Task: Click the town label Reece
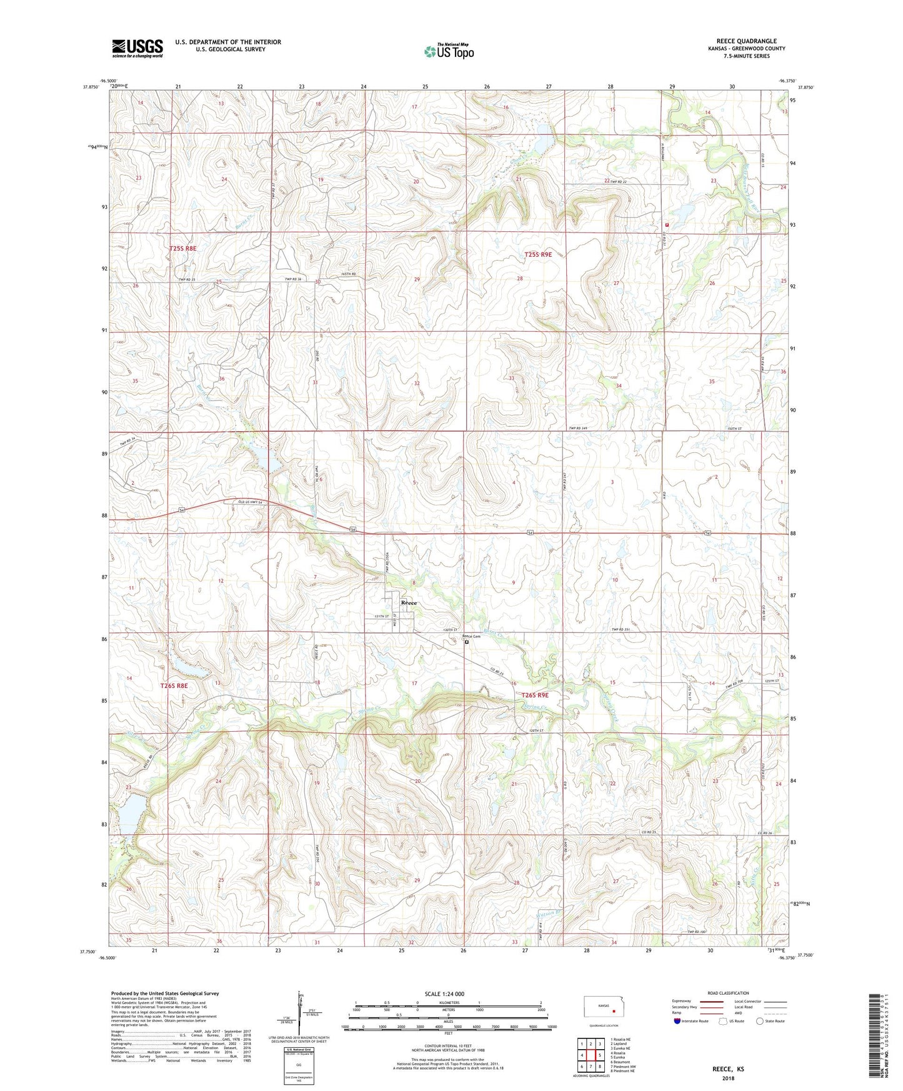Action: pyautogui.click(x=409, y=602)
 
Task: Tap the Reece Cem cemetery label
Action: pyautogui.click(x=471, y=636)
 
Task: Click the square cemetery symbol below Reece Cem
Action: pyautogui.click(x=467, y=641)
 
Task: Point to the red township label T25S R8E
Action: pyautogui.click(x=182, y=248)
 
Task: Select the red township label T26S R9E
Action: pyautogui.click(x=535, y=695)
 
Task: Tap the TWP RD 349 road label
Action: pyautogui.click(x=579, y=427)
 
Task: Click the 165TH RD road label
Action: pyautogui.click(x=348, y=274)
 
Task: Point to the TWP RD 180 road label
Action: pyautogui.click(x=696, y=932)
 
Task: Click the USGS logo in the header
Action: pyautogui.click(x=137, y=48)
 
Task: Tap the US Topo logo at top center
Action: pyautogui.click(x=448, y=51)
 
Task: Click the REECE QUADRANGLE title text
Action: pyautogui.click(x=747, y=41)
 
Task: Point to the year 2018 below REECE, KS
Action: pyautogui.click(x=728, y=1078)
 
